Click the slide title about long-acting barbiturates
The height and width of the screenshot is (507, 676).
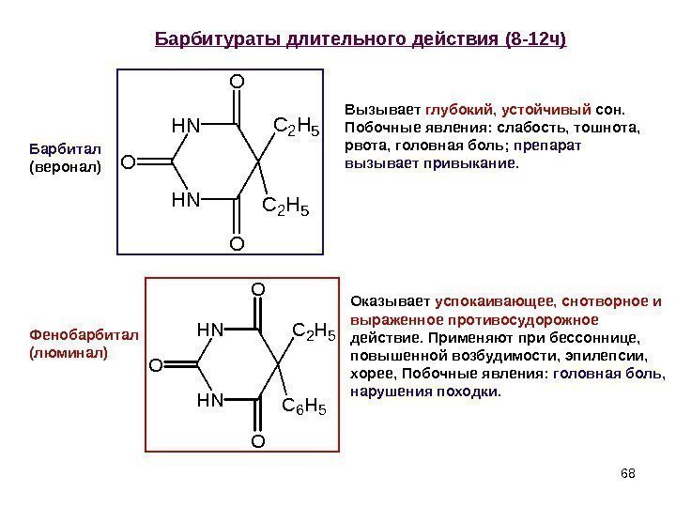pos(361,40)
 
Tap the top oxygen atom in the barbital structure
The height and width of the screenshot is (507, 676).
pos(236,82)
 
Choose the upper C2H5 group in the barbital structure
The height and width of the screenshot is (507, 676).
pos(296,125)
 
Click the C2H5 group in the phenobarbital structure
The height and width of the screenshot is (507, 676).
pos(315,330)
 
